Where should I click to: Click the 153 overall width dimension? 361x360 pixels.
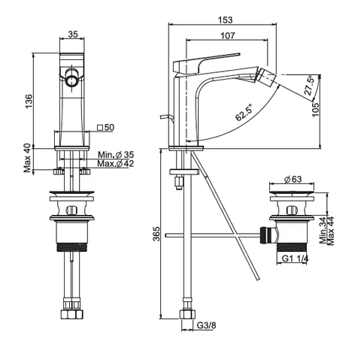click(x=226, y=20)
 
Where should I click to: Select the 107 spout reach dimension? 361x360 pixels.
click(x=228, y=35)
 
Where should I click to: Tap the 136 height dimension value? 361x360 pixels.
click(x=29, y=101)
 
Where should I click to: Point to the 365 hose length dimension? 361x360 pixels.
click(x=156, y=234)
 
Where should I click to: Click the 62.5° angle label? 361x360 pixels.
click(x=244, y=113)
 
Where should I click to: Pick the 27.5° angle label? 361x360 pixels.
click(x=309, y=85)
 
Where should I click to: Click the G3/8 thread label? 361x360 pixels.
click(x=206, y=325)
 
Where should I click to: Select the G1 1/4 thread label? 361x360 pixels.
click(x=295, y=259)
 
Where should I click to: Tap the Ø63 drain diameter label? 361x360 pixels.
click(x=293, y=179)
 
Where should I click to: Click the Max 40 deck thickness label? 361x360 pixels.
click(x=28, y=158)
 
